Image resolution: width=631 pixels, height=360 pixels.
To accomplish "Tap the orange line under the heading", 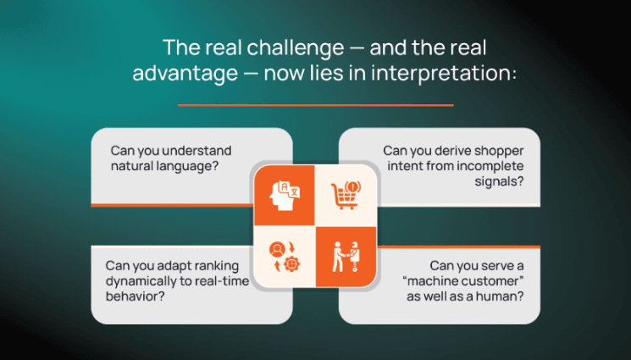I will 315,105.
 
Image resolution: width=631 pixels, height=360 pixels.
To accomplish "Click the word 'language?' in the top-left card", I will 191,166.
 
